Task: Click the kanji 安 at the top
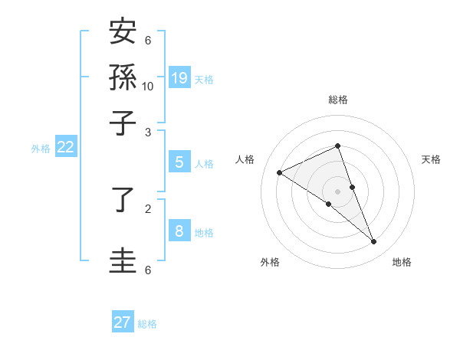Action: coord(123,32)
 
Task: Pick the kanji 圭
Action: coord(123,259)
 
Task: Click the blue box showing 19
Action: coord(179,77)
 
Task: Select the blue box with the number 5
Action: coord(179,162)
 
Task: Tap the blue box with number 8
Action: coord(179,231)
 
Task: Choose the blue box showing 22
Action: coord(65,148)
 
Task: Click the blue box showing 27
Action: coord(123,322)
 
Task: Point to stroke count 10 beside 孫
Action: coord(148,86)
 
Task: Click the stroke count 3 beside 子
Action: coord(148,133)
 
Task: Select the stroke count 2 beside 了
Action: coord(148,207)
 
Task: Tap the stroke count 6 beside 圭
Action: coord(148,270)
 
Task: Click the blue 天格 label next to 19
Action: coord(204,79)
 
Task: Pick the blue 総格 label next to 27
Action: coord(147,324)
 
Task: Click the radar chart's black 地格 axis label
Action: coord(402,262)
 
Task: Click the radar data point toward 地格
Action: coord(374,242)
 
